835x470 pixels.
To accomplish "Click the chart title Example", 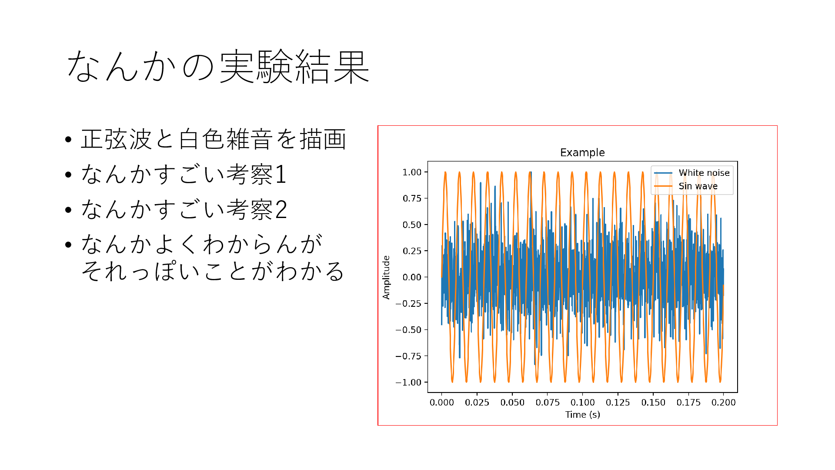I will (582, 153).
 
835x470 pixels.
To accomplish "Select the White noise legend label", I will (704, 173).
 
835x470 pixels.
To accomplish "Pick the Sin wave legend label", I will (698, 186).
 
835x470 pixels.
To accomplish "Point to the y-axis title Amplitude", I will (386, 277).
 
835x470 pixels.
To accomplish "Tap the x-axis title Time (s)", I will (582, 415).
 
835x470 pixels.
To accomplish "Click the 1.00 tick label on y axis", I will (412, 172).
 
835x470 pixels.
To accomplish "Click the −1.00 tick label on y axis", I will (408, 383).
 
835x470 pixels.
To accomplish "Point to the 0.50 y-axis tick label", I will (412, 225).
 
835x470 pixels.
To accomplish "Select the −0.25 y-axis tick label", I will (408, 304).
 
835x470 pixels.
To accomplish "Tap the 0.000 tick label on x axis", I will (441, 403).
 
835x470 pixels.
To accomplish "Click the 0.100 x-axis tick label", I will (582, 403).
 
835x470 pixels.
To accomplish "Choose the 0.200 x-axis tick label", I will (723, 403).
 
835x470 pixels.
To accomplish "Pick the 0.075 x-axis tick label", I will (547, 403).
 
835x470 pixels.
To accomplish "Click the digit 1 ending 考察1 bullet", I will (281, 175).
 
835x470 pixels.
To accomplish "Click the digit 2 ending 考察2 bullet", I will (281, 210).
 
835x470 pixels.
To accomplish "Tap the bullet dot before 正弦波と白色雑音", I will (68, 140).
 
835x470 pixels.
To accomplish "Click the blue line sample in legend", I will (663, 173).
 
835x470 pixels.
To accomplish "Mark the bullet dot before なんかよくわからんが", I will (68, 245).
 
